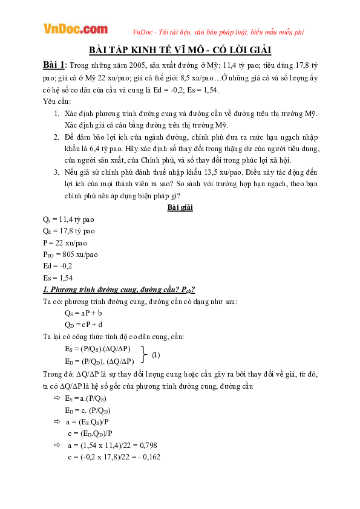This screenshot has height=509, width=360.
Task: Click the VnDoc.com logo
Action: click(75, 29)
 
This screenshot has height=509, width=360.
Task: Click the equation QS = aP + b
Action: click(83, 313)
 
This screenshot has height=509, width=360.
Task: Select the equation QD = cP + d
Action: click(84, 325)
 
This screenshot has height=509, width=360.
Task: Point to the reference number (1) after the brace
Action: click(156, 355)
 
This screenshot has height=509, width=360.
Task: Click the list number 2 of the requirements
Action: click(56, 137)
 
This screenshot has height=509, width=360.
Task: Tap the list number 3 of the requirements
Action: click(56, 172)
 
